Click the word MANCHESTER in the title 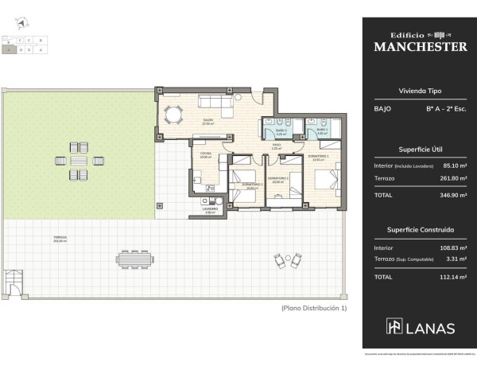420,46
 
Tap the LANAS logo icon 394,326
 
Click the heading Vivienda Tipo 420,91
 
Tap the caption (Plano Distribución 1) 315,307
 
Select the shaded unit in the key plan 9,49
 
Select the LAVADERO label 210,211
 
